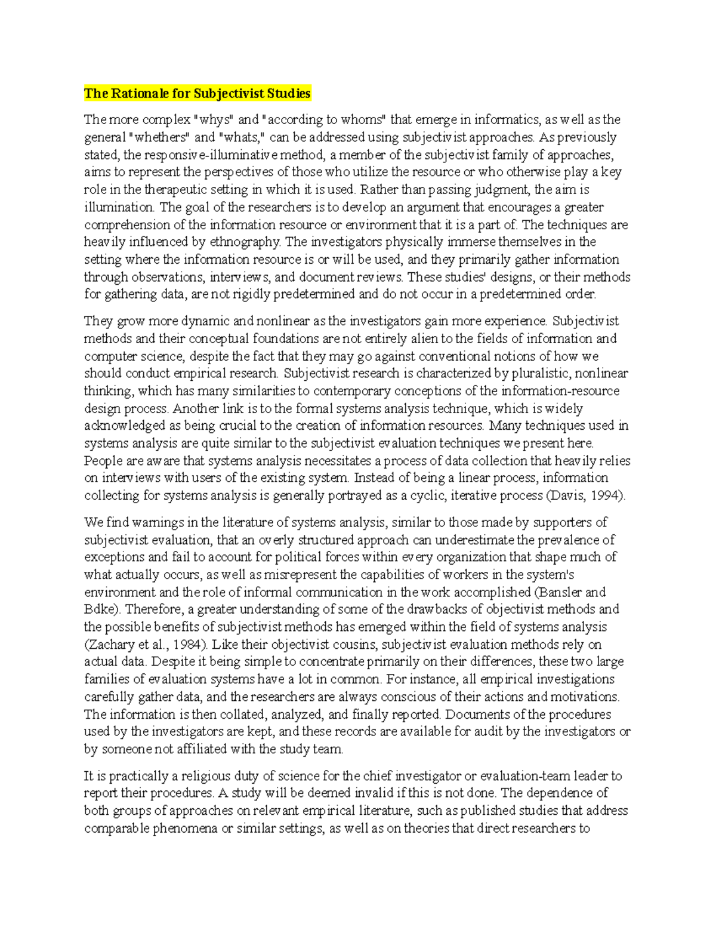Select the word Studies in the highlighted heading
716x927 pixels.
[289, 93]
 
